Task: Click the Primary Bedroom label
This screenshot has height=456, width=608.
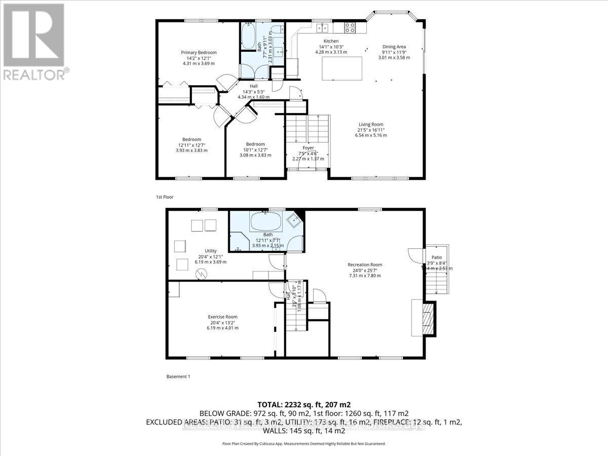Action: [x=199, y=53]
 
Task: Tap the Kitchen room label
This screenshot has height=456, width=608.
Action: [x=331, y=41]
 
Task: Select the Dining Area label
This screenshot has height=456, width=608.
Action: [x=394, y=47]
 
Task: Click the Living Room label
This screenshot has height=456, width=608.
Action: [x=371, y=124]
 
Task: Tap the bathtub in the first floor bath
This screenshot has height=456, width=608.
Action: [x=248, y=36]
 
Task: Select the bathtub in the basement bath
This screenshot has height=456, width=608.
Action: [x=267, y=221]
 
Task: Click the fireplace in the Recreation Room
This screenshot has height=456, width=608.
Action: [x=426, y=318]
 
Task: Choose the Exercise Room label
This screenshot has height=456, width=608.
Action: [x=222, y=317]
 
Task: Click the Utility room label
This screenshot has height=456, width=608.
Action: [x=211, y=251]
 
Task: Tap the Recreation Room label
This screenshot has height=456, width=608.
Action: [x=364, y=264]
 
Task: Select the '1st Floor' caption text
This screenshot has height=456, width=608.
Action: [x=165, y=197]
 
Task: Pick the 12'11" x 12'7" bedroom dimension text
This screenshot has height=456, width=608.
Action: [x=192, y=145]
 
